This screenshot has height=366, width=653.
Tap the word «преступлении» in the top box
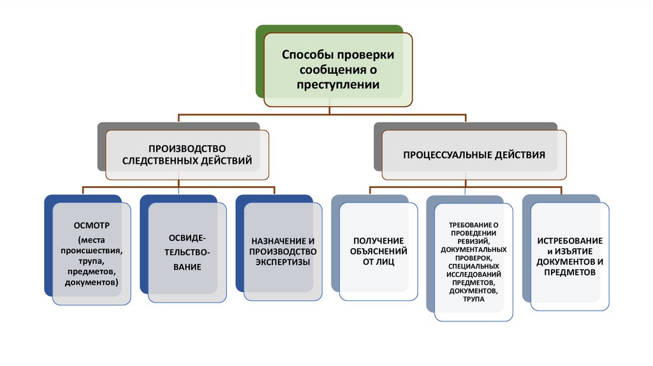(x=338, y=84)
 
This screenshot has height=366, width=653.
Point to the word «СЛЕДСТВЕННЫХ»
(x=159, y=161)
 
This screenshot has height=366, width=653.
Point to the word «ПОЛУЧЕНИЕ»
(x=379, y=240)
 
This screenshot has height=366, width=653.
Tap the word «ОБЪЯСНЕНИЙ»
(x=379, y=251)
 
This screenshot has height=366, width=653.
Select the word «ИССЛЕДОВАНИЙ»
(x=474, y=273)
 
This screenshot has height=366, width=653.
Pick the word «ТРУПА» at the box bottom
(x=474, y=298)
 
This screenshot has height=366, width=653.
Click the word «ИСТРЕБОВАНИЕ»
(x=569, y=240)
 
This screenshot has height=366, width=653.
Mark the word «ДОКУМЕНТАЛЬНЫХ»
(x=474, y=249)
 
